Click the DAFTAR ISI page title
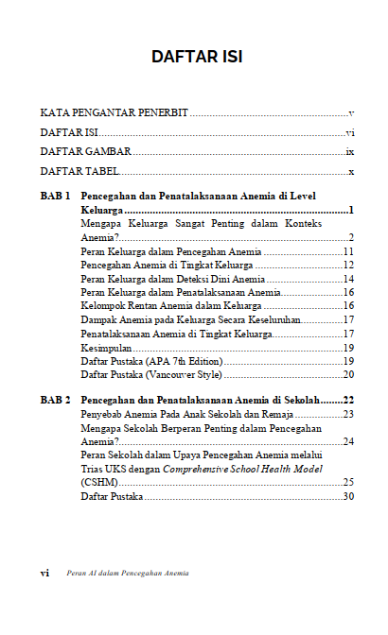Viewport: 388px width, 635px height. pos(196,58)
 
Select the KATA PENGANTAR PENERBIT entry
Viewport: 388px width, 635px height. pos(115,112)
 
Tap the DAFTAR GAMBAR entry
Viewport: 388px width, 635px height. pos(85,151)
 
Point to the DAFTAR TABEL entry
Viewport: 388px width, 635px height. pos(79,171)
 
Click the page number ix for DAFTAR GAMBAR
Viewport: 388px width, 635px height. pos(349,151)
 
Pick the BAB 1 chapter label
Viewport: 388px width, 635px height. pos(55,197)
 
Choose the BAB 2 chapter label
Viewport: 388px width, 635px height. pos(55,401)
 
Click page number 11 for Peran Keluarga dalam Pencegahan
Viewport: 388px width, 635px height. pos(348,251)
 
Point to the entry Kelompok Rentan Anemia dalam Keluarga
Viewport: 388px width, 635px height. pos(171,306)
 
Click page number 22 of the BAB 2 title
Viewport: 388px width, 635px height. pos(348,401)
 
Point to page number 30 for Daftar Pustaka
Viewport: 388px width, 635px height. pos(348,496)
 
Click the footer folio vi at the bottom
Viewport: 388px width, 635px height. pos(44,573)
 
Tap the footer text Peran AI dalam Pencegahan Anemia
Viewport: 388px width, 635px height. pos(128,573)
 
